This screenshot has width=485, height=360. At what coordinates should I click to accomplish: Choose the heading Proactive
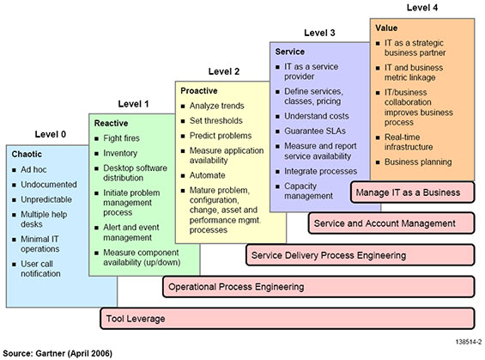200,89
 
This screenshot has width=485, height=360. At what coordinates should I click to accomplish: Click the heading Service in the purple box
290,52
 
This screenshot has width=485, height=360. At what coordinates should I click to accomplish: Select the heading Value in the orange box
386,28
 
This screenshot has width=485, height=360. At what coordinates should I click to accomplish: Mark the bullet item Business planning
417,162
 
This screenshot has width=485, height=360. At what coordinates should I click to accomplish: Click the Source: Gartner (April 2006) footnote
58,352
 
